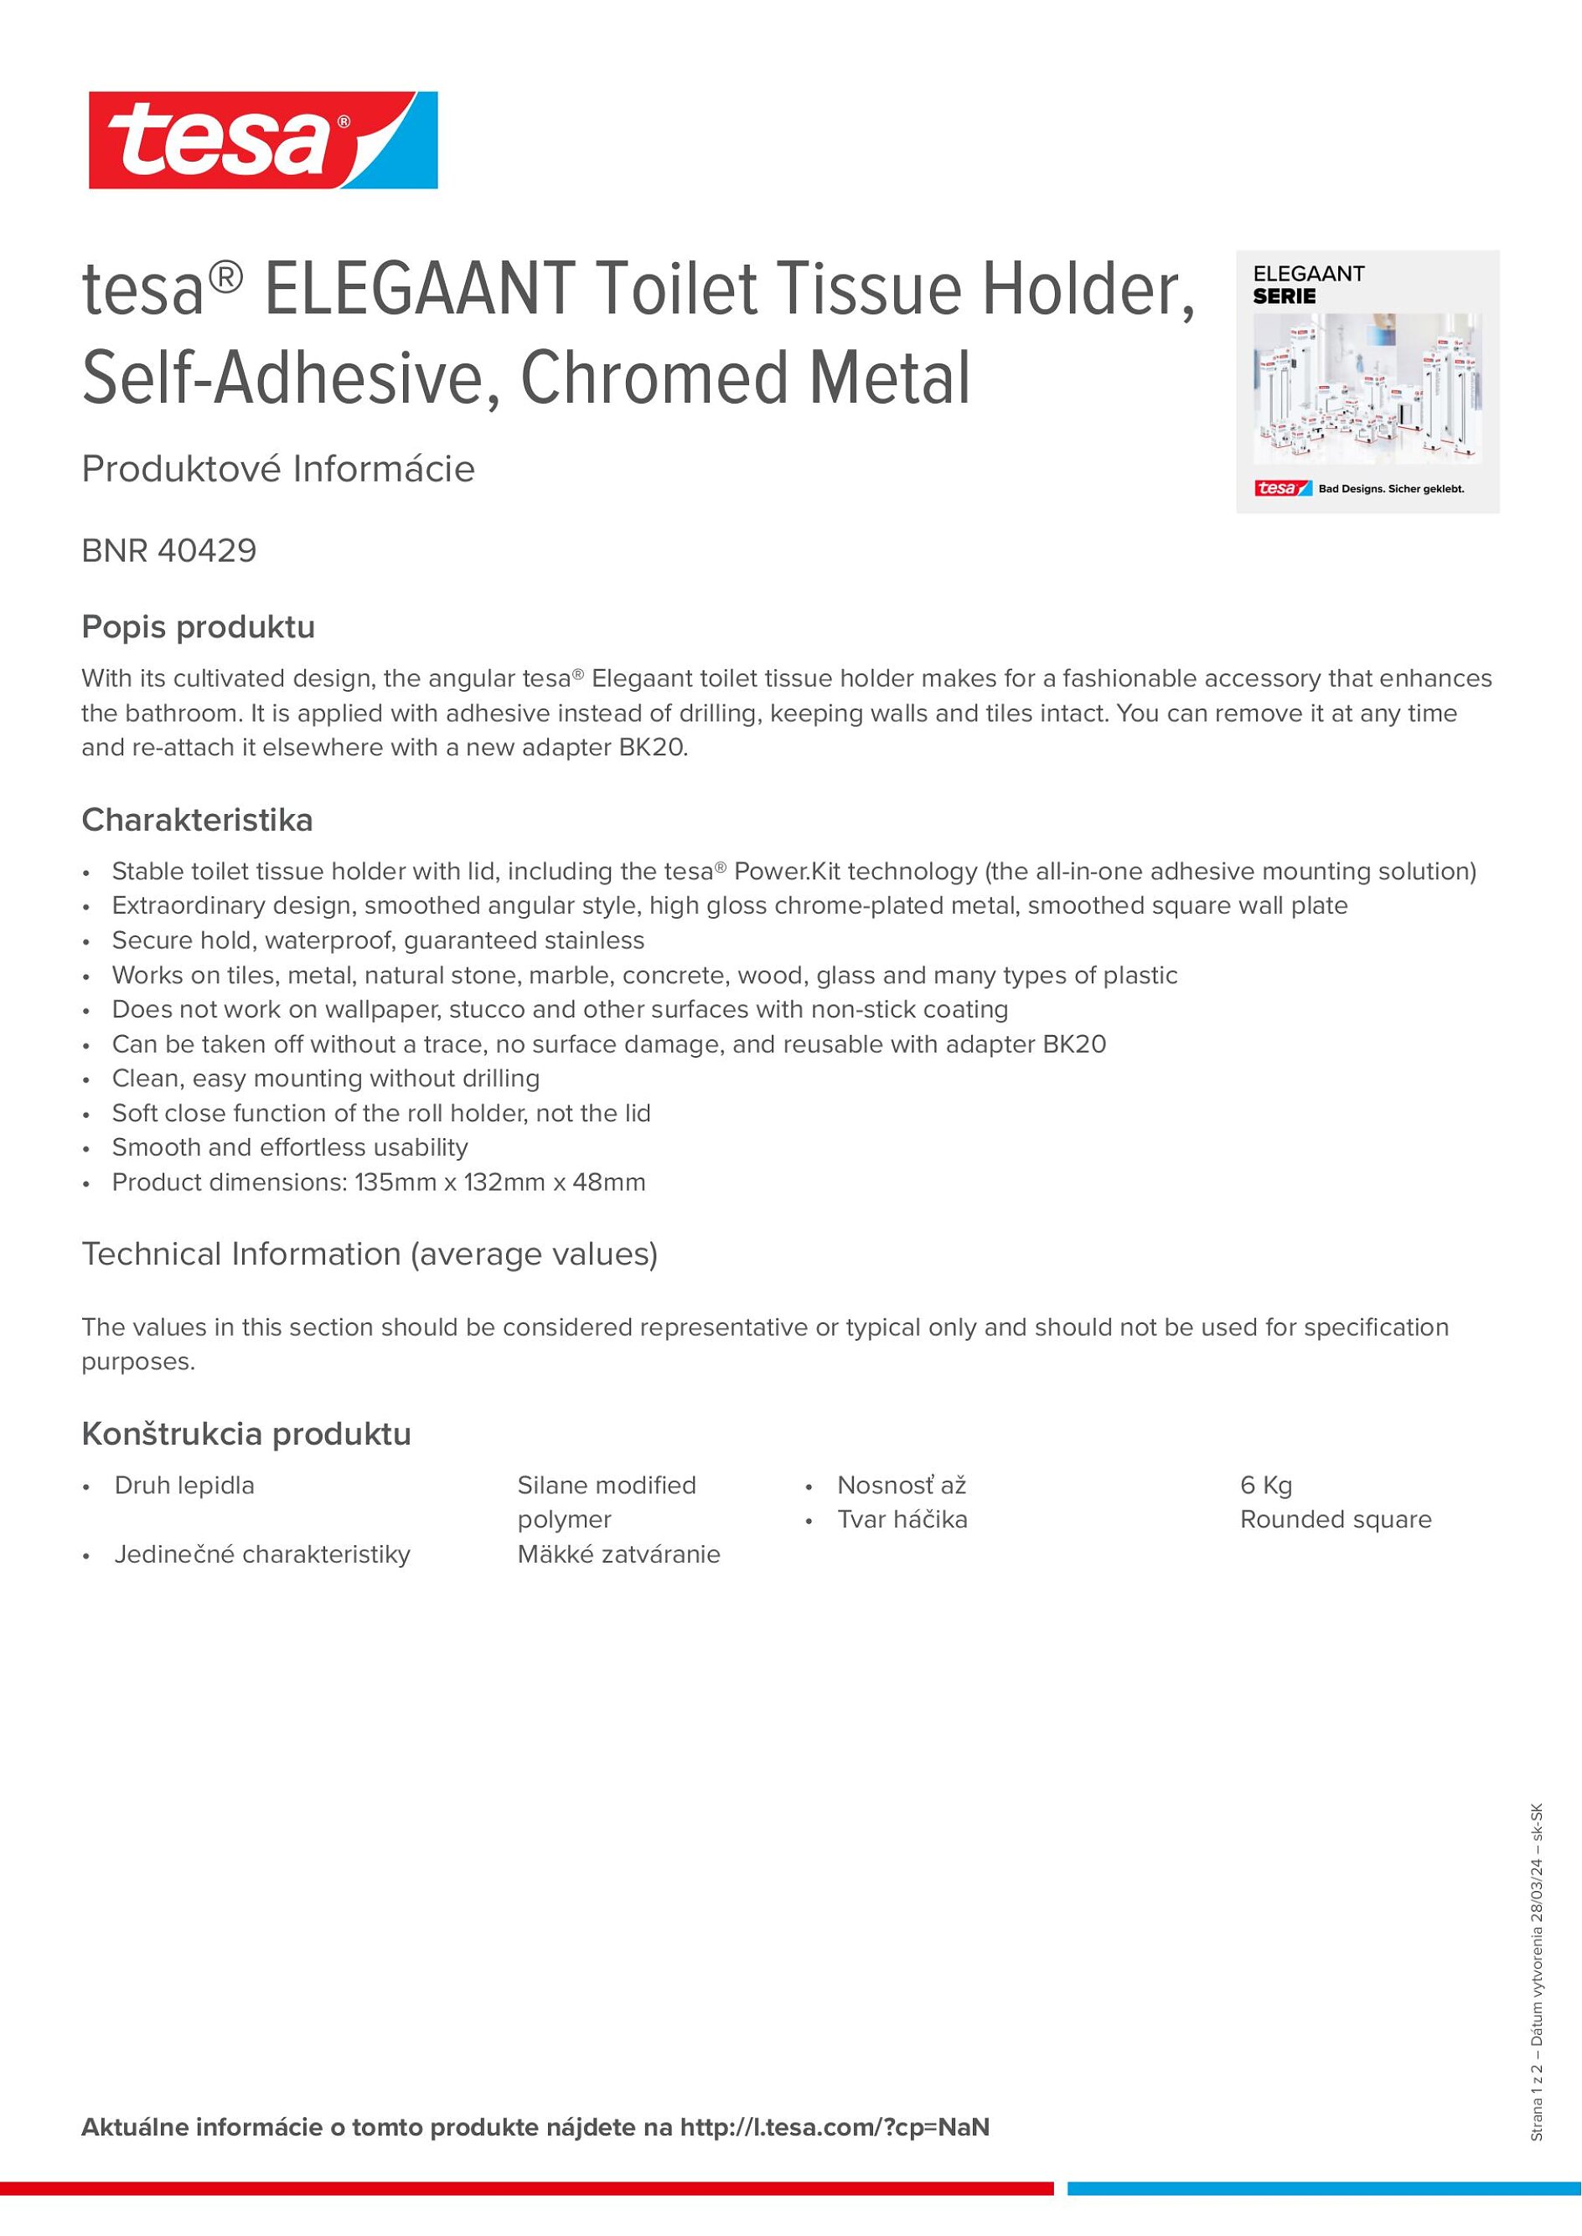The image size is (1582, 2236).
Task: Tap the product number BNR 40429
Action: click(x=169, y=551)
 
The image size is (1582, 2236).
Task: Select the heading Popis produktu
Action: click(x=199, y=627)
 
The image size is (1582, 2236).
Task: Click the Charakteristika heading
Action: click(x=198, y=820)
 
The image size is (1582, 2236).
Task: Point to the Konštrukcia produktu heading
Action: click(x=246, y=1434)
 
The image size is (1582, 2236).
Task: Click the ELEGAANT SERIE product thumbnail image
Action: click(x=1367, y=382)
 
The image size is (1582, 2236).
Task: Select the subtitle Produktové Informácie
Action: click(x=278, y=470)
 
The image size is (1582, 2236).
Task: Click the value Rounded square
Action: click(x=1336, y=1519)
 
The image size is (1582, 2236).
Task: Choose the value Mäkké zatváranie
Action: click(x=618, y=1554)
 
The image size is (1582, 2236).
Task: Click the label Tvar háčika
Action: click(x=902, y=1519)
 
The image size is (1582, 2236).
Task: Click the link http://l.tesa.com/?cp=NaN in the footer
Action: click(x=835, y=2128)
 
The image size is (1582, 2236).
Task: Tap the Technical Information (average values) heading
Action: click(x=370, y=1255)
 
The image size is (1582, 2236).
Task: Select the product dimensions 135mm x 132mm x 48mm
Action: click(x=499, y=1182)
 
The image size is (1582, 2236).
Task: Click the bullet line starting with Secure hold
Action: click(x=378, y=940)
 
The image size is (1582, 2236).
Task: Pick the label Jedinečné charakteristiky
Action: click(x=262, y=1554)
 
